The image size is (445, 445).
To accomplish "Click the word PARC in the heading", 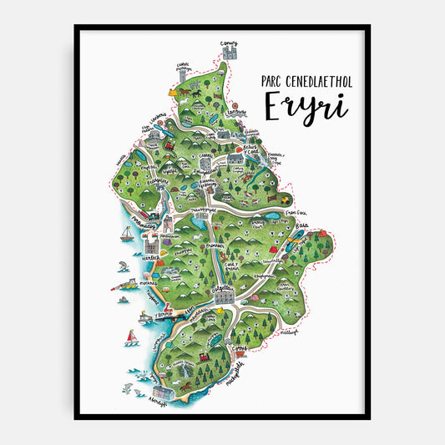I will (265, 81).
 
